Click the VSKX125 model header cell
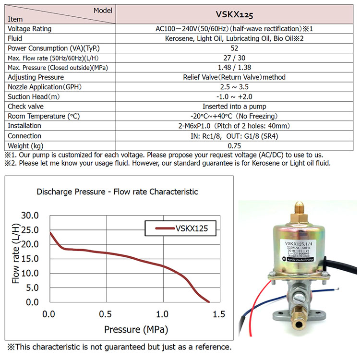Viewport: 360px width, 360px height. coord(234,15)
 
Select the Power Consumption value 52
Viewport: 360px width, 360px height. coord(234,48)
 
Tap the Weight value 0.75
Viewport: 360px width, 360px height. coord(234,145)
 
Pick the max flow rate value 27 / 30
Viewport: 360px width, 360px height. coord(234,58)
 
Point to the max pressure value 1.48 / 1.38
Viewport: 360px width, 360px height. coord(234,68)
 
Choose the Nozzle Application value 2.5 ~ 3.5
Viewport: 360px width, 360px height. coord(234,87)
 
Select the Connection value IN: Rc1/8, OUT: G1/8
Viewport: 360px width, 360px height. coord(234,136)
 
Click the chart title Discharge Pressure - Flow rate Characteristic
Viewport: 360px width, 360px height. coord(117,192)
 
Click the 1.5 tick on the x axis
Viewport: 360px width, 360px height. coord(218,314)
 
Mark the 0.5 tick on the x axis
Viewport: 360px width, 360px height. coord(106,314)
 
